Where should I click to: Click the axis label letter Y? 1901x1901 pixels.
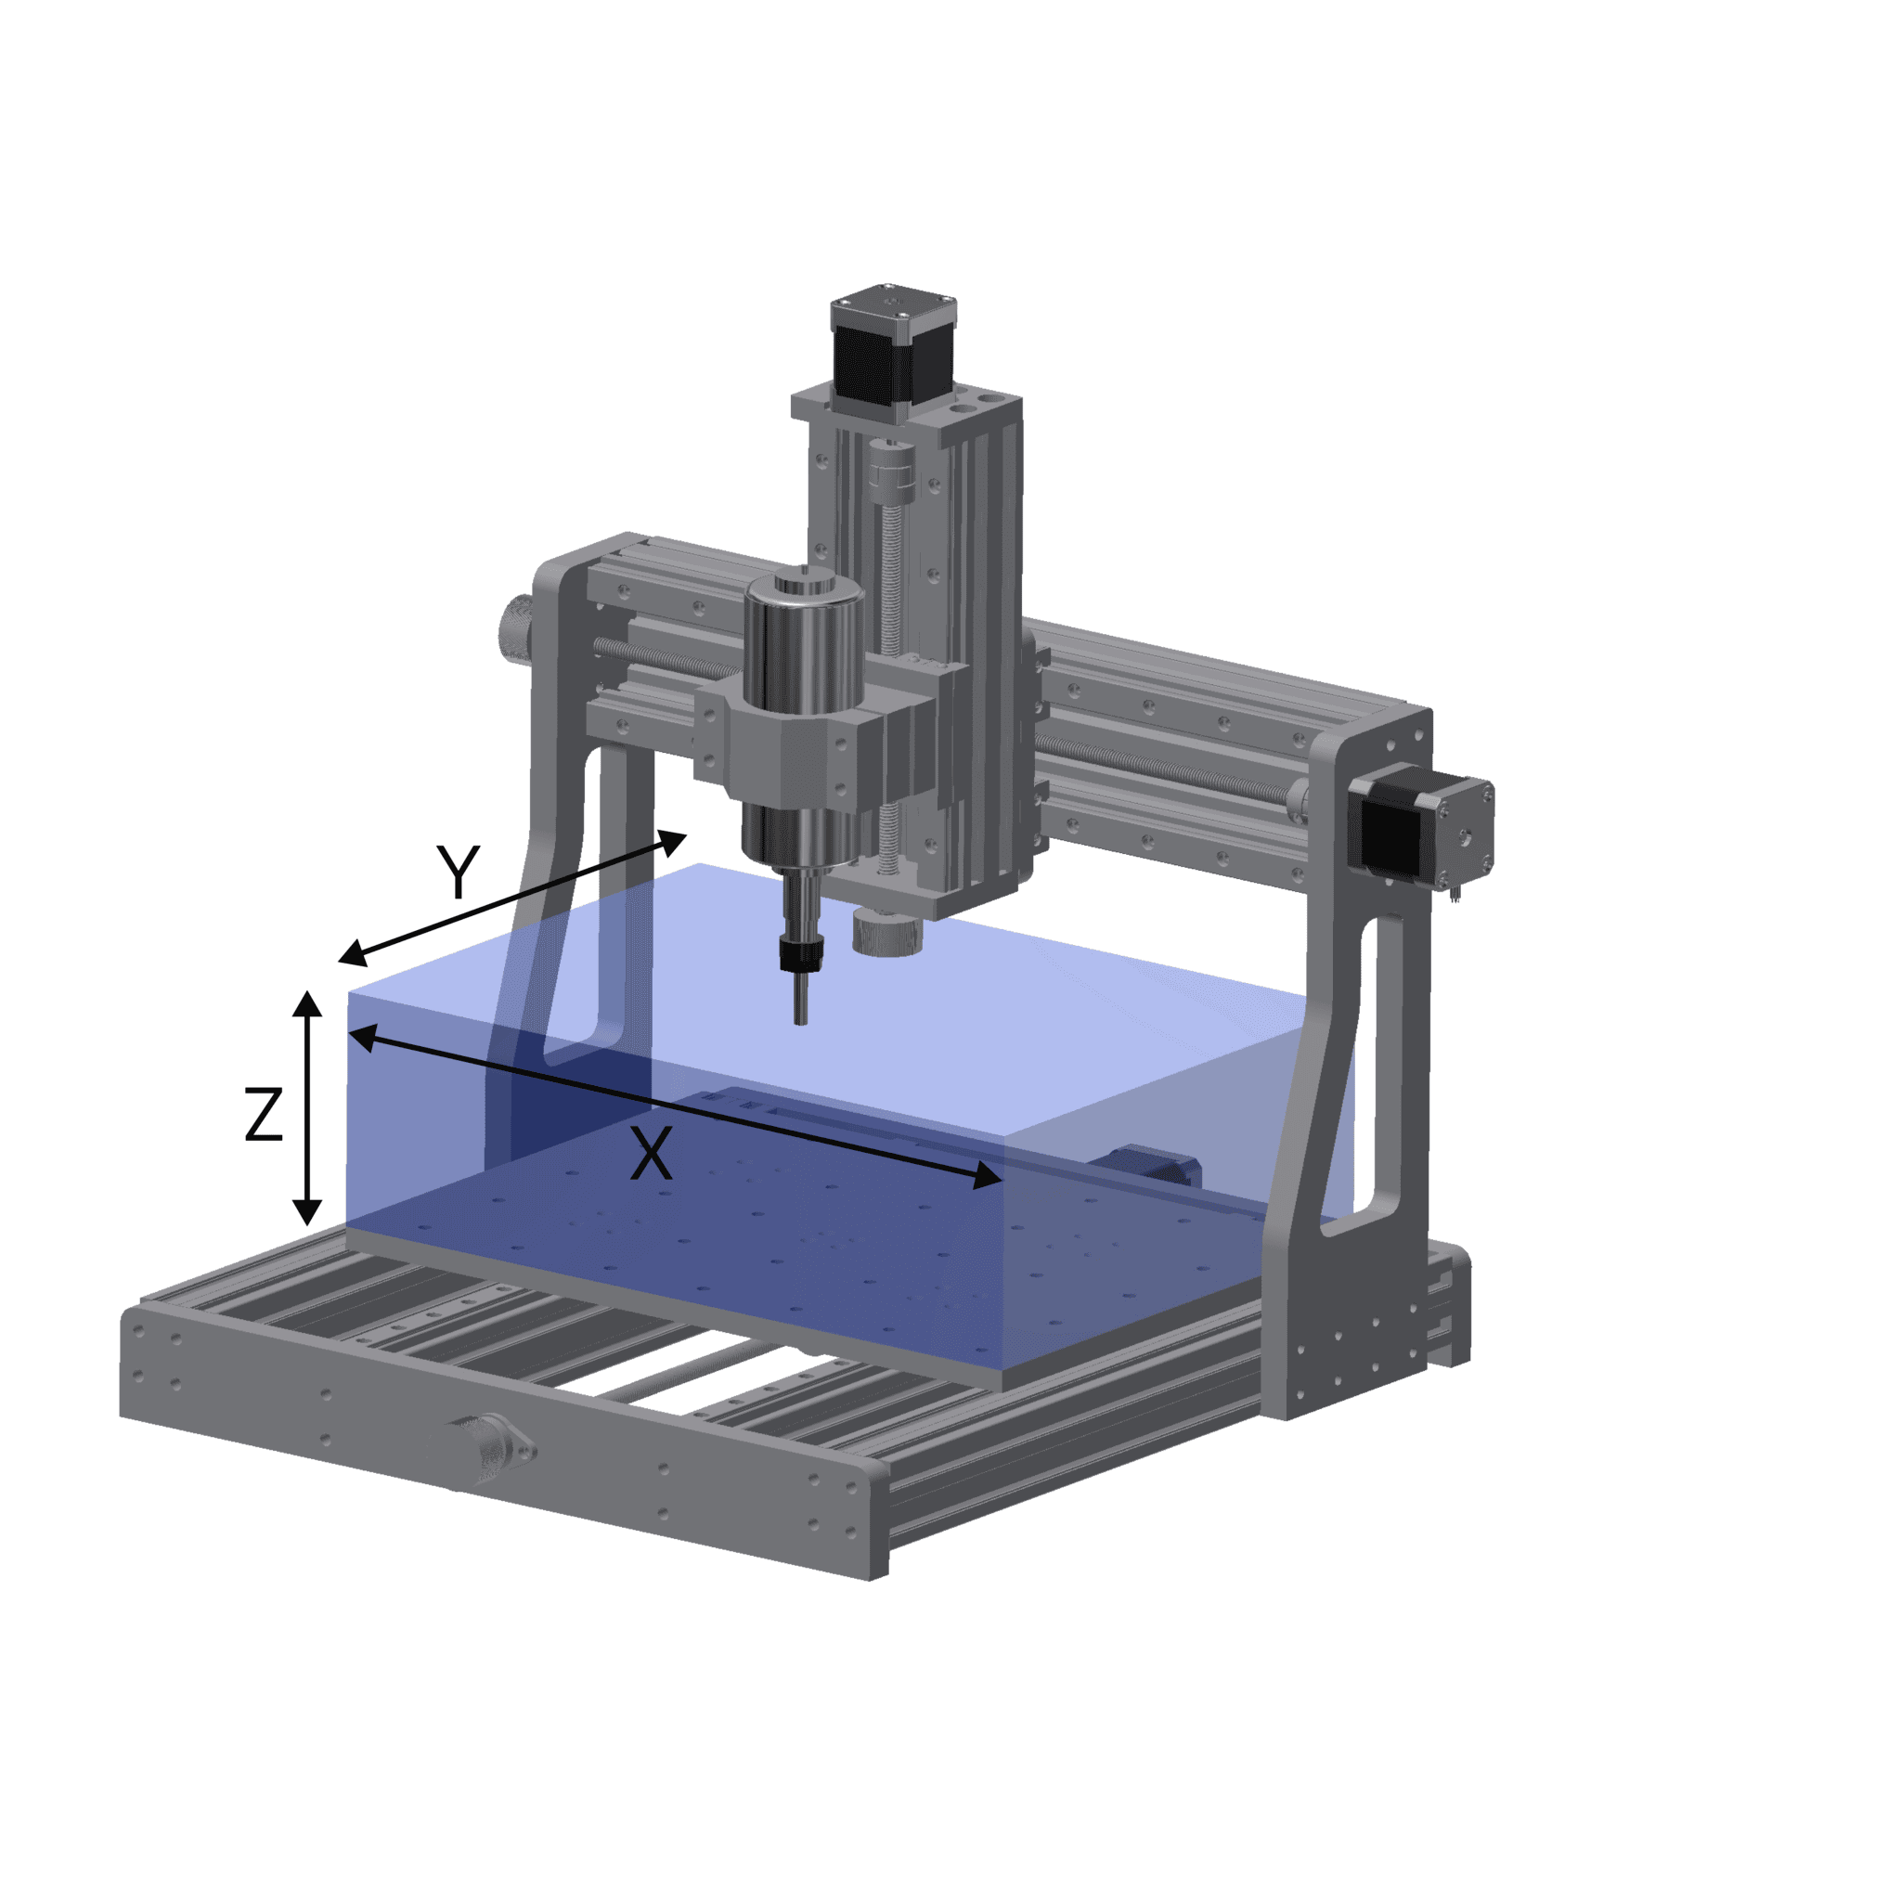point(459,872)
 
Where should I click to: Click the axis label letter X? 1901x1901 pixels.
point(651,1154)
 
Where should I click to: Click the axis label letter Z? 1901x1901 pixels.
point(264,1115)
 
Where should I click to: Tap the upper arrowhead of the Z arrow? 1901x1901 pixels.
point(308,1003)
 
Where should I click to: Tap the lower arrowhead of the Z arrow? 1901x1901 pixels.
point(308,1212)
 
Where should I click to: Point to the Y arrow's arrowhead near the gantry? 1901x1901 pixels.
point(673,841)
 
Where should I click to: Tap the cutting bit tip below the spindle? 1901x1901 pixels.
point(800,1019)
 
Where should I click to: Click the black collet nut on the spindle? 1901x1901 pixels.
point(799,952)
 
